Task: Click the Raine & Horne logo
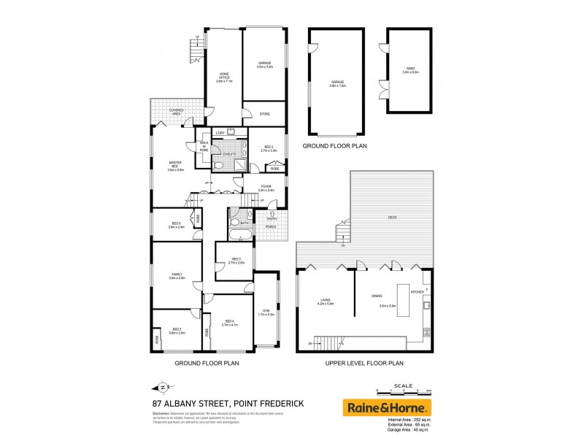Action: point(388,407)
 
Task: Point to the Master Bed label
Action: point(175,165)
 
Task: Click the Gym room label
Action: point(266,312)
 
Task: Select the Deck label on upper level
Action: point(392,218)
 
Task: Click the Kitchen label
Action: point(417,292)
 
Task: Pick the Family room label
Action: point(175,275)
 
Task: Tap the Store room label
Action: point(265,114)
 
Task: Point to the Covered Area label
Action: point(175,112)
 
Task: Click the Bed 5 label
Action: point(177,330)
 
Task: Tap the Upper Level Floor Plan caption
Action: point(364,362)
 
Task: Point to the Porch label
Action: point(272,226)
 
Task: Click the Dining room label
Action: point(377,294)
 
